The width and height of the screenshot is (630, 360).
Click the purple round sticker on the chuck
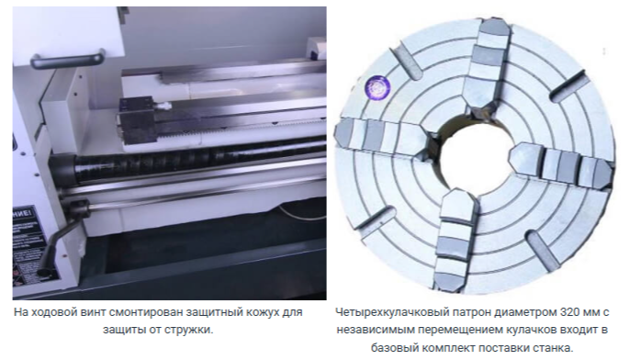[377, 87]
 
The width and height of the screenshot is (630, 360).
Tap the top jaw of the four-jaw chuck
[485, 70]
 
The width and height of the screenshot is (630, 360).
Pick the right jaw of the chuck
[562, 163]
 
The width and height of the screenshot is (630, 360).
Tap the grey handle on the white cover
[68, 59]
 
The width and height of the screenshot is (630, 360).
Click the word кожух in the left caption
[254, 313]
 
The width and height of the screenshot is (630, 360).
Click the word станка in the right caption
[553, 348]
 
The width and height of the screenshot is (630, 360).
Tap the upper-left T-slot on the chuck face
[408, 63]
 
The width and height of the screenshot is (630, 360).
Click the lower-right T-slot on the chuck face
[544, 251]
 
